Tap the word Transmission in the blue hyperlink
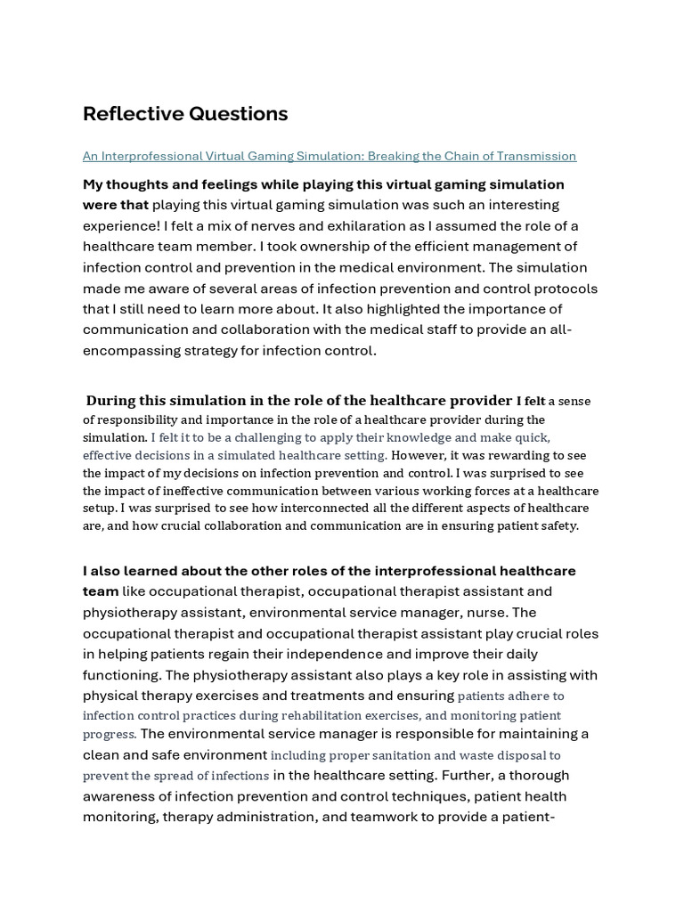pyautogui.click(x=537, y=157)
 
